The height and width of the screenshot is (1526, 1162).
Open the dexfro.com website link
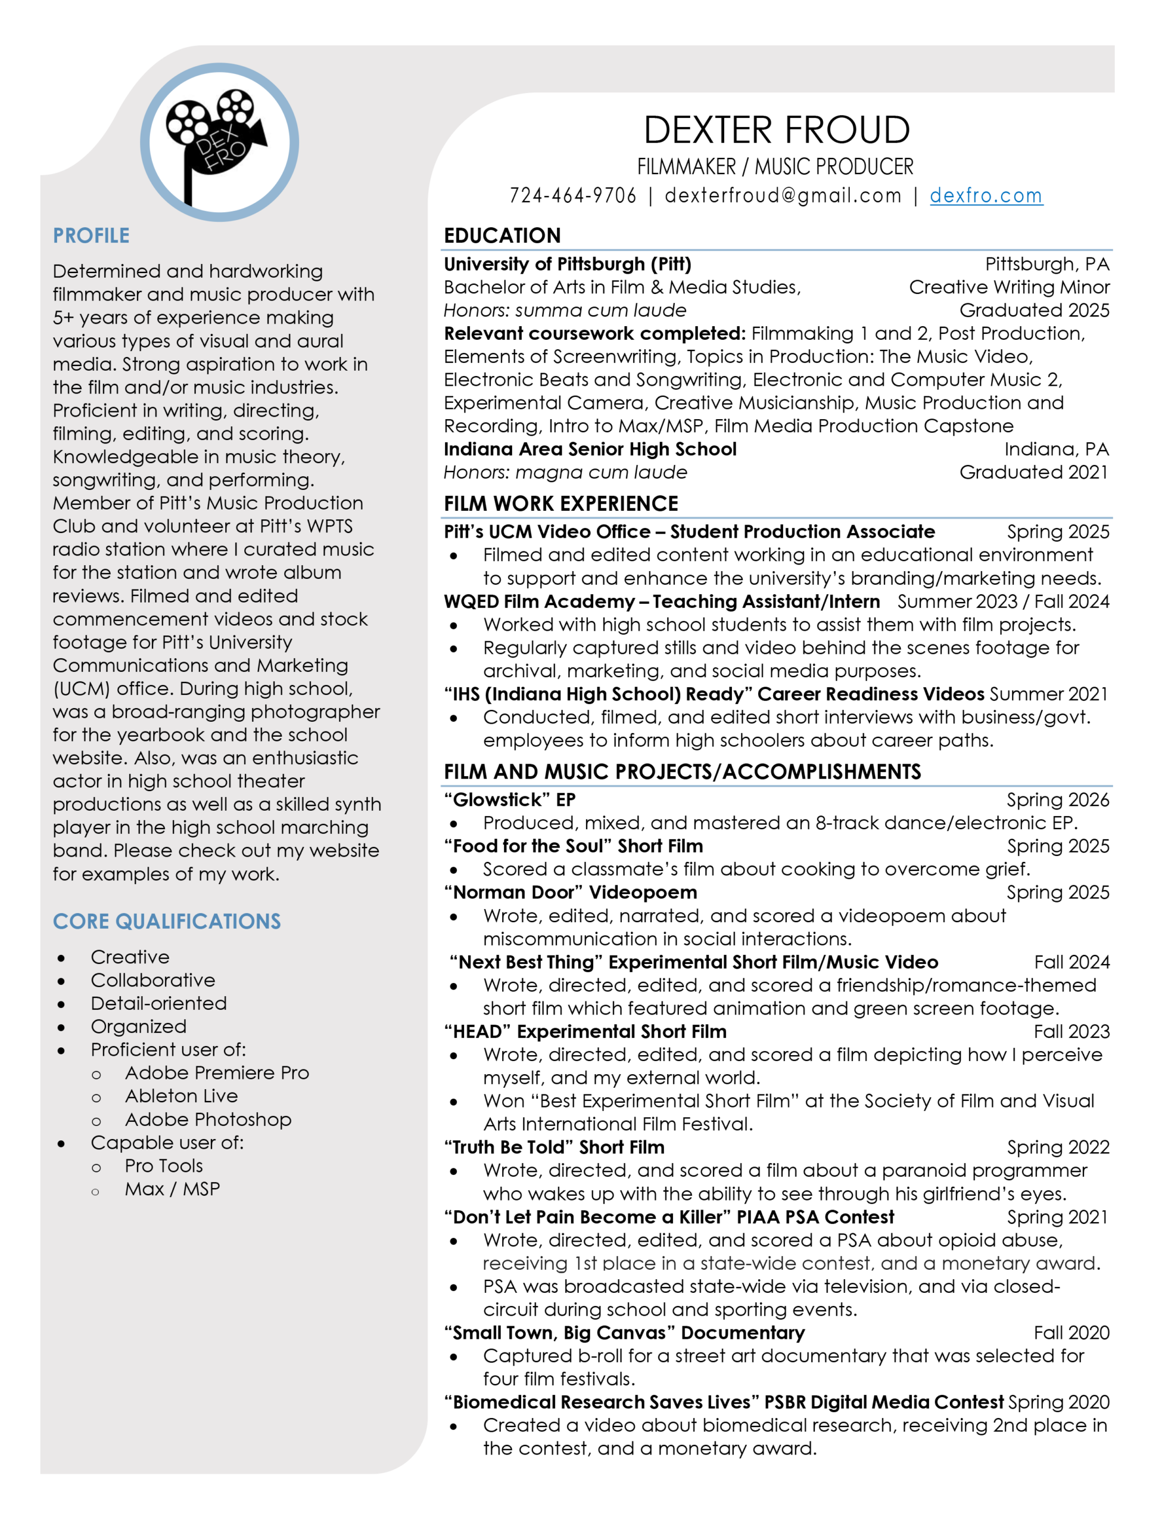pos(986,196)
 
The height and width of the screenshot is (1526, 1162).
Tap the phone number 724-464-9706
pos(573,196)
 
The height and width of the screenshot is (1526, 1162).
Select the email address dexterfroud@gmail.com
pos(783,196)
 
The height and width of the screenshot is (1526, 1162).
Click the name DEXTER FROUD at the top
pos(776,130)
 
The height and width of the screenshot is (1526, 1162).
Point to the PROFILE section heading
pos(91,236)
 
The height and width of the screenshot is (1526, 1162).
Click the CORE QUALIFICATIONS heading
pos(167,921)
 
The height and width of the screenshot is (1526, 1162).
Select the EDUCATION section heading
pos(502,236)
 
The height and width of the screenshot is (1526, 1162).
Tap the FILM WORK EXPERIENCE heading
pos(561,504)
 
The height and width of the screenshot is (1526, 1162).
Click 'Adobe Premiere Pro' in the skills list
pos(216,1073)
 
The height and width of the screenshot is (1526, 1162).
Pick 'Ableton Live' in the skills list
pos(181,1096)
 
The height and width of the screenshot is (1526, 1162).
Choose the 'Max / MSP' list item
pos(172,1189)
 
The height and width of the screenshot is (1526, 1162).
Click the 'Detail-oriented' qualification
pos(158,1003)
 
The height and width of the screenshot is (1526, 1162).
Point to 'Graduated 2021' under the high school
pos(1033,473)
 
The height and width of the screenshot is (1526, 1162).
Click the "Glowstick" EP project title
pos(510,800)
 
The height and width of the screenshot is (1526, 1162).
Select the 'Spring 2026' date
pos(1058,800)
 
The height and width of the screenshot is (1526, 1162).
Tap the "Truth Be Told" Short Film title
pos(554,1147)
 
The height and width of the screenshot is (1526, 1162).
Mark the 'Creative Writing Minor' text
pos(1009,287)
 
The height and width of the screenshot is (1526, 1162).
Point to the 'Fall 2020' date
pos(1071,1333)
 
